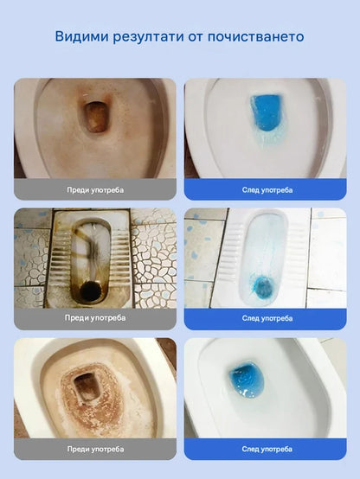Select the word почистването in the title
point(255,36)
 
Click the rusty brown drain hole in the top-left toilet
point(96,117)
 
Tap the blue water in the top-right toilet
point(266,112)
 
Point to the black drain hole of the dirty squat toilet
point(91,291)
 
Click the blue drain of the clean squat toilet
point(264,287)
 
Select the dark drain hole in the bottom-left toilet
point(87,387)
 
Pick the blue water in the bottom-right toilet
point(247,380)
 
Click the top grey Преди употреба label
point(95,189)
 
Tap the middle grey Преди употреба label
point(95,318)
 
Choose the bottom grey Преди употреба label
point(95,449)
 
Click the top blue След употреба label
point(265,189)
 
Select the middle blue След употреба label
point(265,319)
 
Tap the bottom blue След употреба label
point(265,449)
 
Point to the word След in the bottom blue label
point(251,449)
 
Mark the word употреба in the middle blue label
point(278,319)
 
